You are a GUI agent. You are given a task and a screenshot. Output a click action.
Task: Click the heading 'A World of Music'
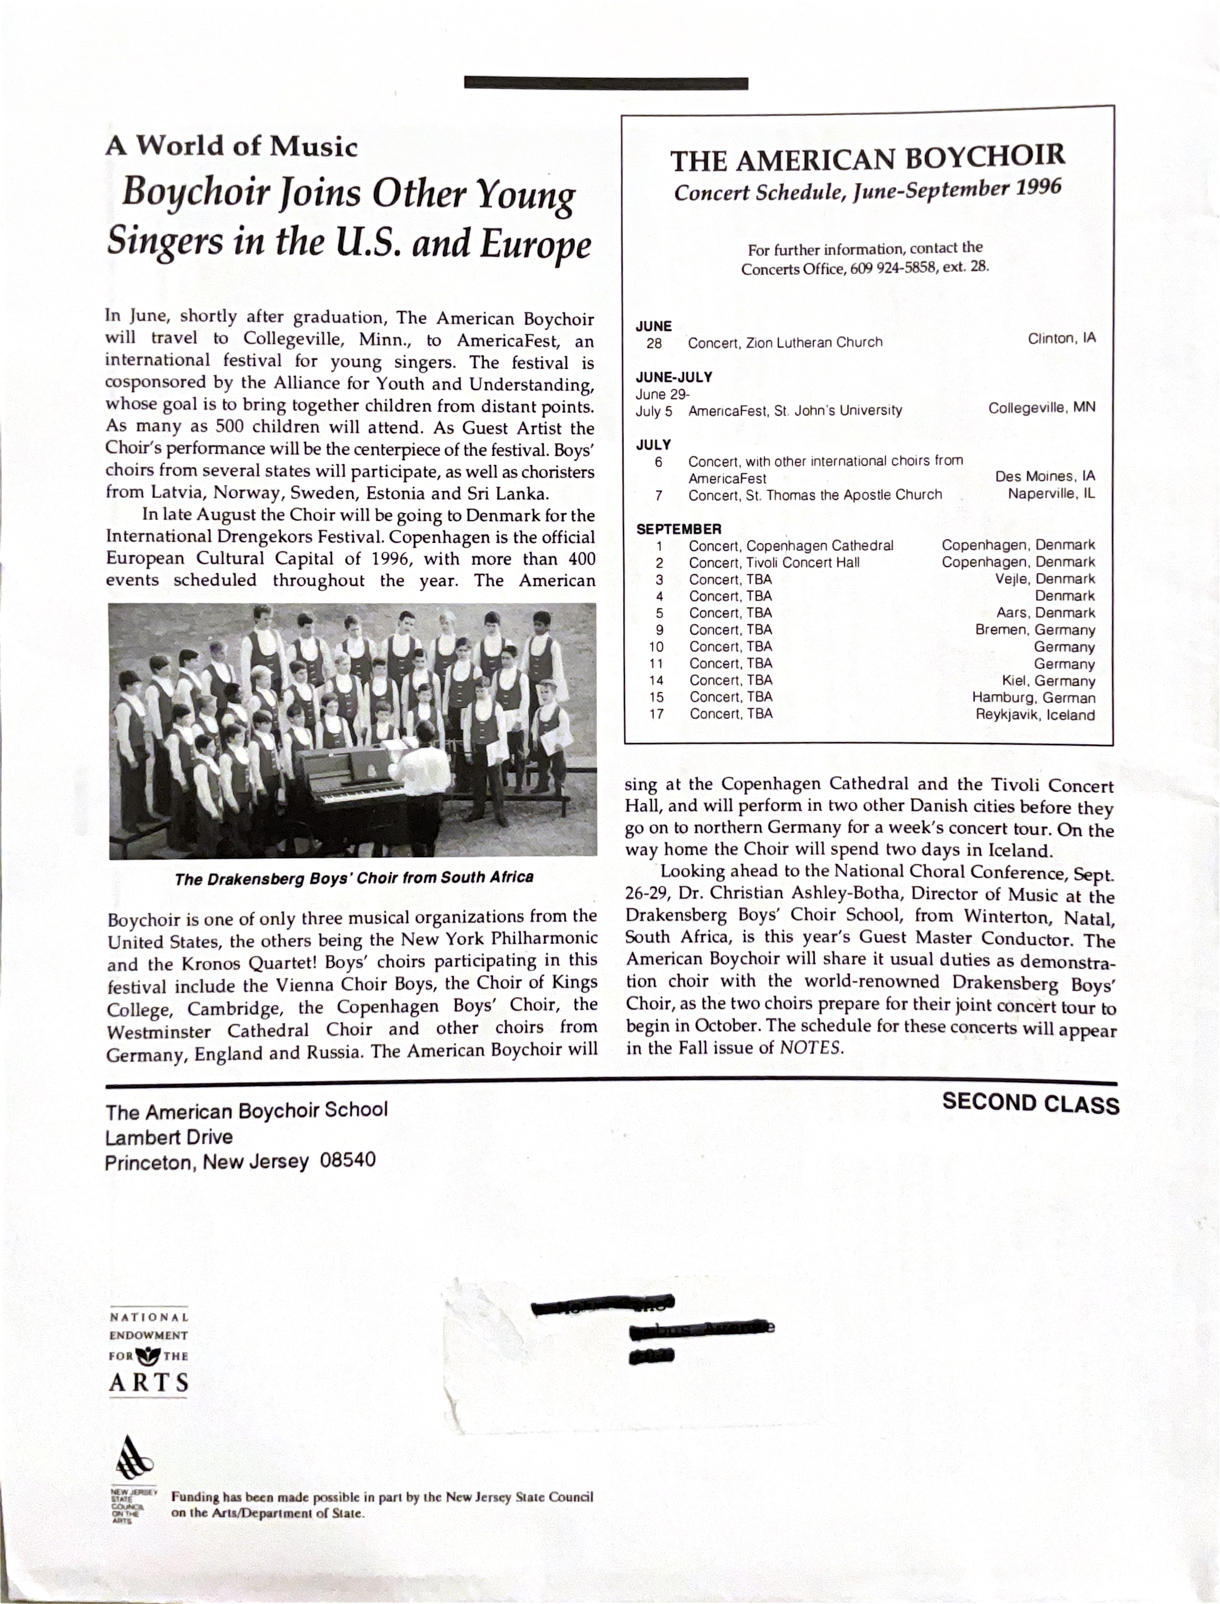(x=232, y=147)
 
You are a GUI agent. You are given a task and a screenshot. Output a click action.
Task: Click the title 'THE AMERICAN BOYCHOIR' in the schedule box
(x=867, y=159)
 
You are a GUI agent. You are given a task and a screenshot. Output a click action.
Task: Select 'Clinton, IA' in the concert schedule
(x=1061, y=338)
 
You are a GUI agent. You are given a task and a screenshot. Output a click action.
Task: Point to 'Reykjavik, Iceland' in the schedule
(x=1035, y=715)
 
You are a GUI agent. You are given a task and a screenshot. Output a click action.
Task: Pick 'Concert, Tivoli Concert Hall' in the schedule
(x=774, y=563)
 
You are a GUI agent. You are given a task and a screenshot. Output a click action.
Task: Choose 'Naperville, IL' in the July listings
(x=1051, y=494)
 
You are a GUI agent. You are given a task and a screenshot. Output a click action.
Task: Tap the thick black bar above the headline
(x=606, y=84)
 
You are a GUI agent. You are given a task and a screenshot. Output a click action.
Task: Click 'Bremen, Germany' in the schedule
(x=1035, y=630)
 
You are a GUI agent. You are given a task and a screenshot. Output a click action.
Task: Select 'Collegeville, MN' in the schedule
(x=1041, y=408)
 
